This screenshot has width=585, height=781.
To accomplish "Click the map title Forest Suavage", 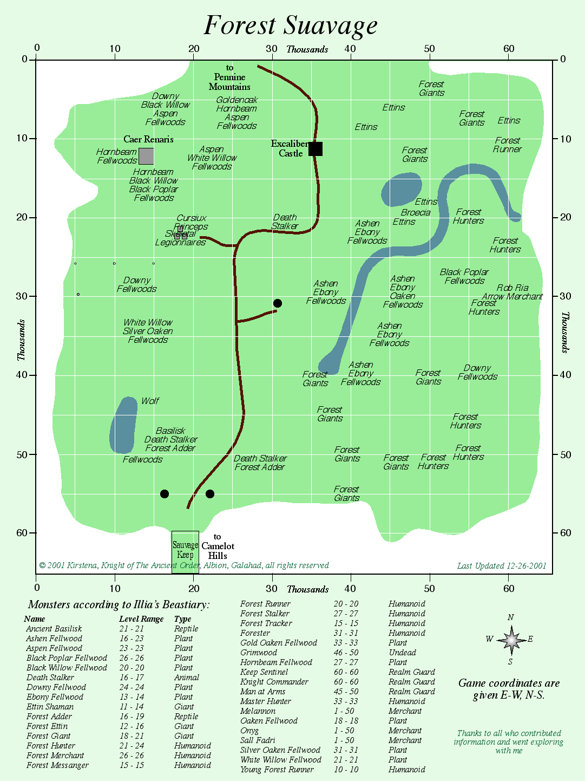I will pyautogui.click(x=291, y=25).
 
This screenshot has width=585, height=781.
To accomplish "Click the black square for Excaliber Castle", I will pyautogui.click(x=315, y=149).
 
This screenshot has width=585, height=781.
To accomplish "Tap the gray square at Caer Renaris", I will pyautogui.click(x=146, y=156).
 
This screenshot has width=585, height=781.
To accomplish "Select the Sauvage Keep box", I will pyautogui.click(x=185, y=551).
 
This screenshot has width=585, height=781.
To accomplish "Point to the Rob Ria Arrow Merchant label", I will pyautogui.click(x=519, y=292).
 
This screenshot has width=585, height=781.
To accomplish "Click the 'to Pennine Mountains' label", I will pyautogui.click(x=230, y=77).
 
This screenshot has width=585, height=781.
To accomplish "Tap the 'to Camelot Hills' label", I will pyautogui.click(x=218, y=546).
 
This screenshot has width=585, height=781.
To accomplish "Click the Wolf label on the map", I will pyautogui.click(x=150, y=401).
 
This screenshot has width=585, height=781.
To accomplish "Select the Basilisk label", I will pyautogui.click(x=170, y=431).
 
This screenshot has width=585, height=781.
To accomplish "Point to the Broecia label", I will pyautogui.click(x=416, y=213).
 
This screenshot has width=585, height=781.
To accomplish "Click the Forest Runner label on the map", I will pyautogui.click(x=507, y=145).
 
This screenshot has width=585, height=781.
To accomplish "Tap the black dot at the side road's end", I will pyautogui.click(x=278, y=303).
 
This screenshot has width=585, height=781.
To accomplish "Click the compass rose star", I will pyautogui.click(x=511, y=640).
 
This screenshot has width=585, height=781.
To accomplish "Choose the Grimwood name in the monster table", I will pyautogui.click(x=259, y=653).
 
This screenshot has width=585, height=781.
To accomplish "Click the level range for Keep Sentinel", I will pyautogui.click(x=346, y=672).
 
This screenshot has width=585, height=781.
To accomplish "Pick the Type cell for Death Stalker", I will pyautogui.click(x=187, y=678).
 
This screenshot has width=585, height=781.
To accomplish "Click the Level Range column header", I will pyautogui.click(x=141, y=619).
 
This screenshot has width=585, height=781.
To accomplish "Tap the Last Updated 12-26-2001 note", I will pyautogui.click(x=502, y=566).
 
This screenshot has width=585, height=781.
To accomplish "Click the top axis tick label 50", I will pyautogui.click(x=429, y=49).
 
